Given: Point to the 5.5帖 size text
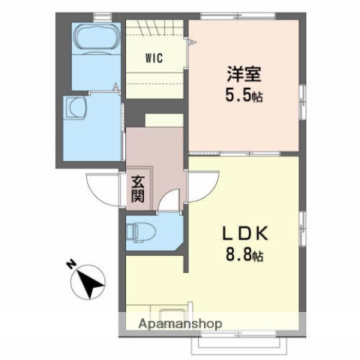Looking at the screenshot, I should click(245, 96).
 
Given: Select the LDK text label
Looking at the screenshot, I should click(244, 233).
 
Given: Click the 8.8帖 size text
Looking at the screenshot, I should click(245, 254).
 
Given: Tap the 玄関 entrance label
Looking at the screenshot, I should click(139, 189).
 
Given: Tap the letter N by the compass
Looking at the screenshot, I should click(70, 265).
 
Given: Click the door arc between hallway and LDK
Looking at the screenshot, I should click(200, 185).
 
